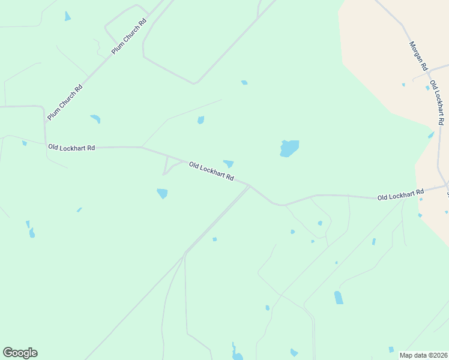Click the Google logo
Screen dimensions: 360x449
coord(20,353)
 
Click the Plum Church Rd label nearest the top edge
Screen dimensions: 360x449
coord(129,37)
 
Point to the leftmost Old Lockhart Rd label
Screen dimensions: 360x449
coord(71,148)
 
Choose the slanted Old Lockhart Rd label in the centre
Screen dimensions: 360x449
coord(211,172)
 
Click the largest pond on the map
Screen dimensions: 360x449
coord(289,148)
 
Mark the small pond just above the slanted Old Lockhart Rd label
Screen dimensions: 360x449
coord(229,163)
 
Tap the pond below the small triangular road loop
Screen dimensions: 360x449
coord(162,193)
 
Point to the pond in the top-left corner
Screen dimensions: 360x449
coord(67,16)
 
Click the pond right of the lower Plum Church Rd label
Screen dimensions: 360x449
coord(95,119)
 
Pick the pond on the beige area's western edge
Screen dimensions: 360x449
coord(431,135)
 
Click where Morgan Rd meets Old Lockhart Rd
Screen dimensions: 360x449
coord(428,73)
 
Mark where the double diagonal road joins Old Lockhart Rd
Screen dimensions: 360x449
coord(250,185)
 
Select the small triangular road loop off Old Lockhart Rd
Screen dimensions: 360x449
coord(169,166)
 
